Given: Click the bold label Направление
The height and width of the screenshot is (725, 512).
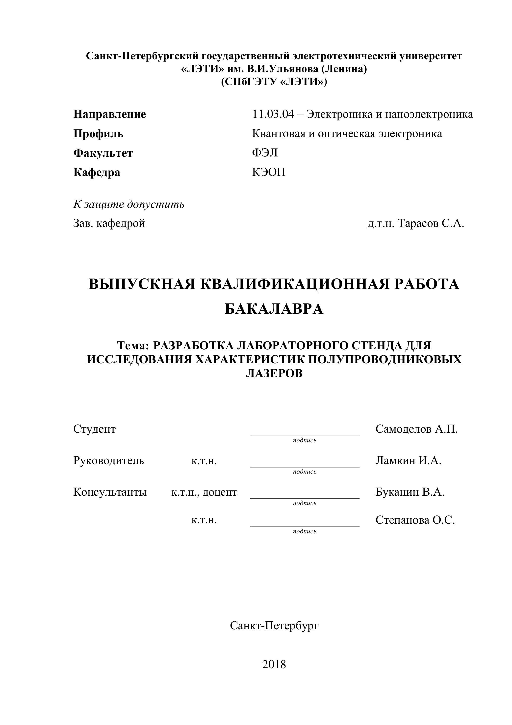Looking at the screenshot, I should coord(110,114).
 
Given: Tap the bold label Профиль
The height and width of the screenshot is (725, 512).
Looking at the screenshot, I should coord(98,134).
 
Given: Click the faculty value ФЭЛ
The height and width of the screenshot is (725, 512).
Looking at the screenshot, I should coord(265,153).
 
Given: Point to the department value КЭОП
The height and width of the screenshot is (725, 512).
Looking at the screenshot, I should coord(269,172).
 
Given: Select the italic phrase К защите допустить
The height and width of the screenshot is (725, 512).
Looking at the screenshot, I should coord(129,204).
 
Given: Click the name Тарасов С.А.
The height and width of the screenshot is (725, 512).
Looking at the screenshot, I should coord(431,224).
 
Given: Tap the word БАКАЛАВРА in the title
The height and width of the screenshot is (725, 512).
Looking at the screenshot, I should coord(274,309).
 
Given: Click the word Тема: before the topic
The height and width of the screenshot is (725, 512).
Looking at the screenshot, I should coord(133,346).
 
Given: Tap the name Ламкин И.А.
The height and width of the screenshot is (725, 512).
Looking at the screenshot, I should coord(408,461).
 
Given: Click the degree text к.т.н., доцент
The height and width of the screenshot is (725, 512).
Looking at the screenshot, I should coord(204,492).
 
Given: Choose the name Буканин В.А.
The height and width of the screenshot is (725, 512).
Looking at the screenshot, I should coord(410,492).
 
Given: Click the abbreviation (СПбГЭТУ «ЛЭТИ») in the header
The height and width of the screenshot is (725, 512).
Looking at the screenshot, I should coord(274,82).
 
